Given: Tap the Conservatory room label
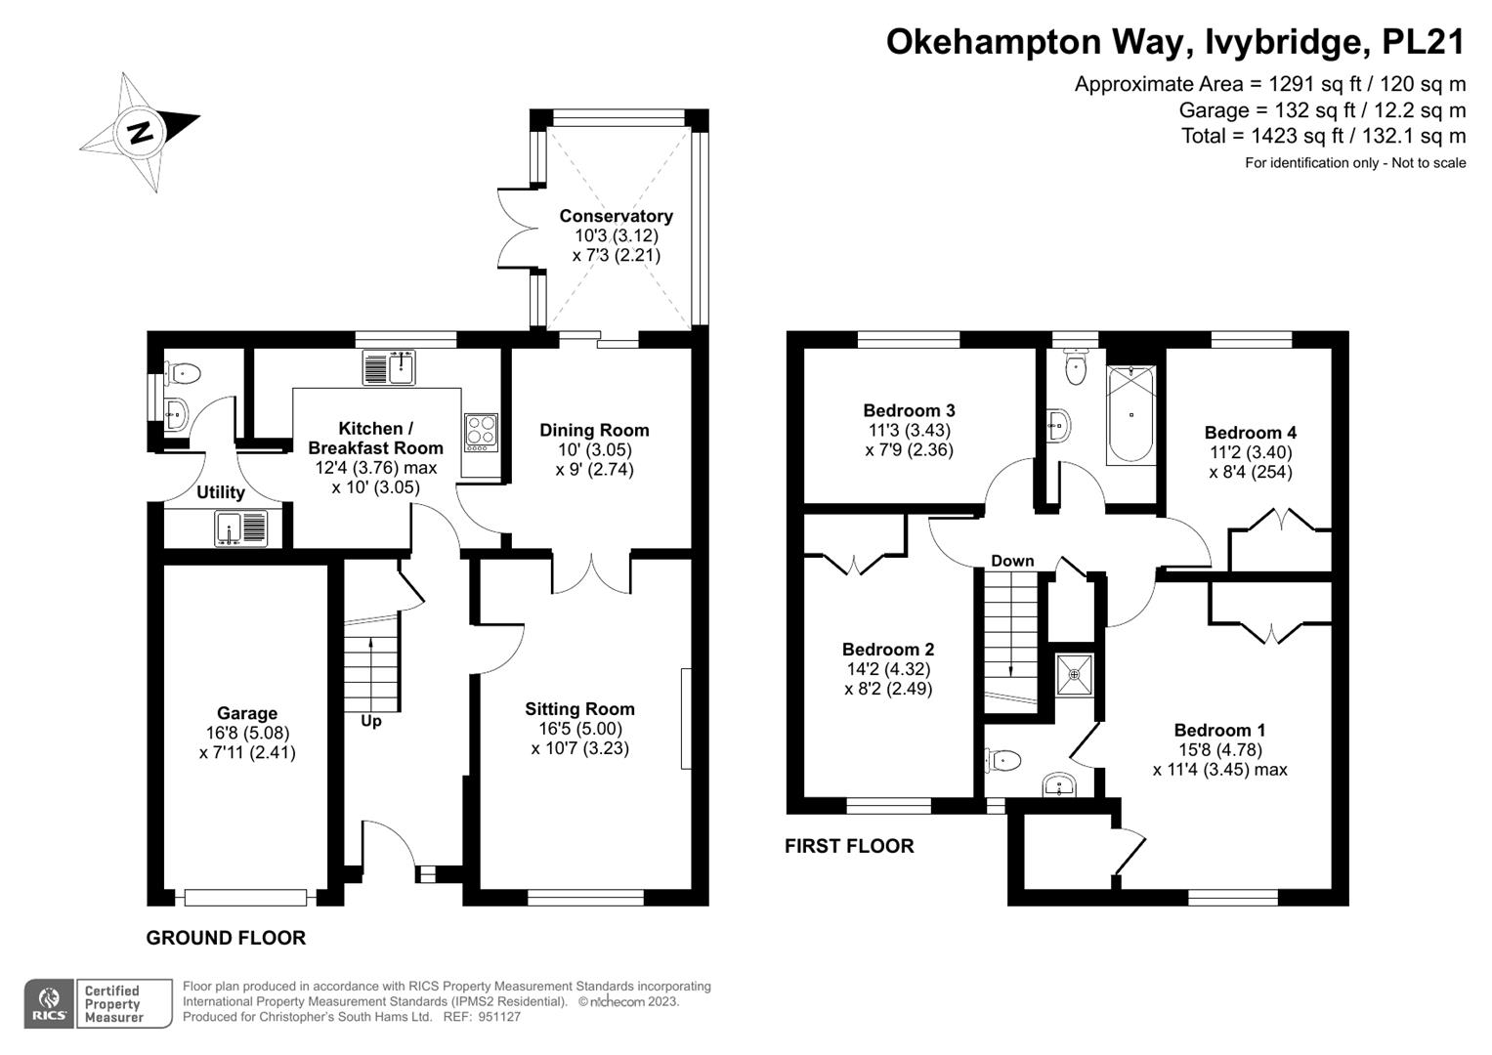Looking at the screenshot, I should point(616,216).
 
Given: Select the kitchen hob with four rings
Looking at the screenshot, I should point(481,431).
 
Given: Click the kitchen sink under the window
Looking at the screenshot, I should point(389,367).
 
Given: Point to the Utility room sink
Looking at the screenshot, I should point(240,528).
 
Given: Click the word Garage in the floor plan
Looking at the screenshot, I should point(247,713).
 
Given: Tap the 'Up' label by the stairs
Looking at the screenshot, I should point(371,721).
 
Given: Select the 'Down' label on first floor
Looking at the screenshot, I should point(1012,561).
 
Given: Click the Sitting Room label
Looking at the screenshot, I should point(579,709).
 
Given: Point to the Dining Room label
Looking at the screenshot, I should point(594,430).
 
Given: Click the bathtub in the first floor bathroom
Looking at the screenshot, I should point(1131,415).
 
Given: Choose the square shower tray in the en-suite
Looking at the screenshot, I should point(1074,674).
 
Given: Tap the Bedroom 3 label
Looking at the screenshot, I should point(909,410).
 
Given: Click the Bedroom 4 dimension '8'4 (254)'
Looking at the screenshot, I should point(1251,472).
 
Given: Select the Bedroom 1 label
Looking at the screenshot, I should point(1219,730).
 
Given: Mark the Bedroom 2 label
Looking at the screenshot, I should point(888,650).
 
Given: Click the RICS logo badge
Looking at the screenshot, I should point(49,1003).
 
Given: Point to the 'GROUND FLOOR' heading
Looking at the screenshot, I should point(226,938).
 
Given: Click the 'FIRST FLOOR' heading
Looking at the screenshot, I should point(849,846).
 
